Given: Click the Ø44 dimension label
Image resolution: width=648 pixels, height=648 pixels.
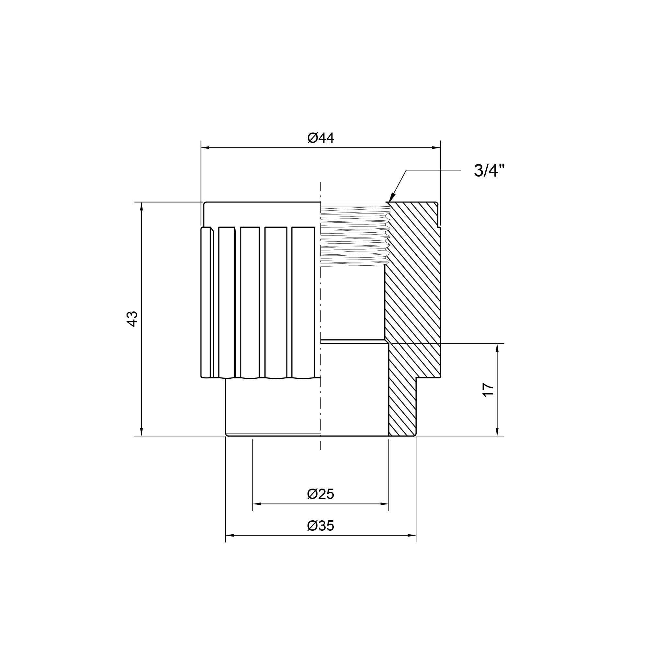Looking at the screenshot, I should point(321,138).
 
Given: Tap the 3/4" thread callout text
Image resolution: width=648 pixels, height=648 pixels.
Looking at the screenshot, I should point(489,171).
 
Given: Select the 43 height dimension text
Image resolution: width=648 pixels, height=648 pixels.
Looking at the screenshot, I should point(133,318).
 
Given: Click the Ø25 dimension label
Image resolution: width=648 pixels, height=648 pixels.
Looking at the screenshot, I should point(321,494).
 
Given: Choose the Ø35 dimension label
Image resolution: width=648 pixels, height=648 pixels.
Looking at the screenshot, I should point(321,526).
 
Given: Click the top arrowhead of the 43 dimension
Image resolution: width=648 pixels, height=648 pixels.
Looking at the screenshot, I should point(142,206).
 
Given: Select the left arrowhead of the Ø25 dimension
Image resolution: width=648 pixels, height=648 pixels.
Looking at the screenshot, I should point(257,504).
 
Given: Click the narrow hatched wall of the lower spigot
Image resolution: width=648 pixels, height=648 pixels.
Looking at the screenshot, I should point(402,409).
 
